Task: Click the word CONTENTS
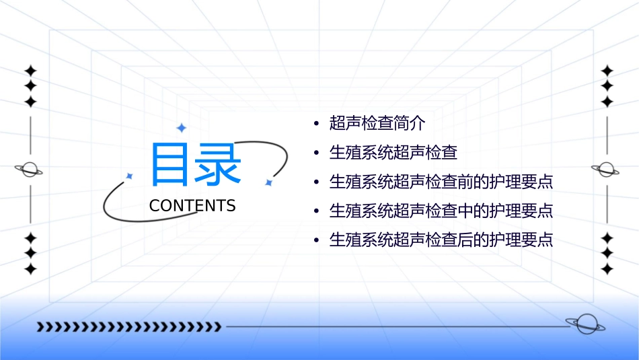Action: tap(192, 206)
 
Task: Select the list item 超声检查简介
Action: tap(377, 123)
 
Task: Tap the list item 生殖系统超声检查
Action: tap(393, 153)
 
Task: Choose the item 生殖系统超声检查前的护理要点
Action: tap(441, 182)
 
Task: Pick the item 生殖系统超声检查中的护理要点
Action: tap(441, 211)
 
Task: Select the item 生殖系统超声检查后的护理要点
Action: tap(441, 240)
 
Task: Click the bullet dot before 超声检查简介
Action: tap(317, 124)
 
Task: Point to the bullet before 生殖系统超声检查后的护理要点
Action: tap(317, 241)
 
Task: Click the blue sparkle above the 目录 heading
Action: tap(181, 128)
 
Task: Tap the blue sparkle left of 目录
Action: tap(130, 176)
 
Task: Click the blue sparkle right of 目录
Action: tap(268, 182)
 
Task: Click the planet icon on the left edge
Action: tap(30, 170)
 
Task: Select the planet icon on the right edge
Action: tap(606, 170)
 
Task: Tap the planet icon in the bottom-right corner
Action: tap(585, 324)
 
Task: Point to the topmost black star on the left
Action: tap(30, 71)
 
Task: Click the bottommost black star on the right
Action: tap(607, 269)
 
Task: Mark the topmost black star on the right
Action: tap(607, 71)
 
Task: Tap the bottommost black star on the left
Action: tap(30, 269)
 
